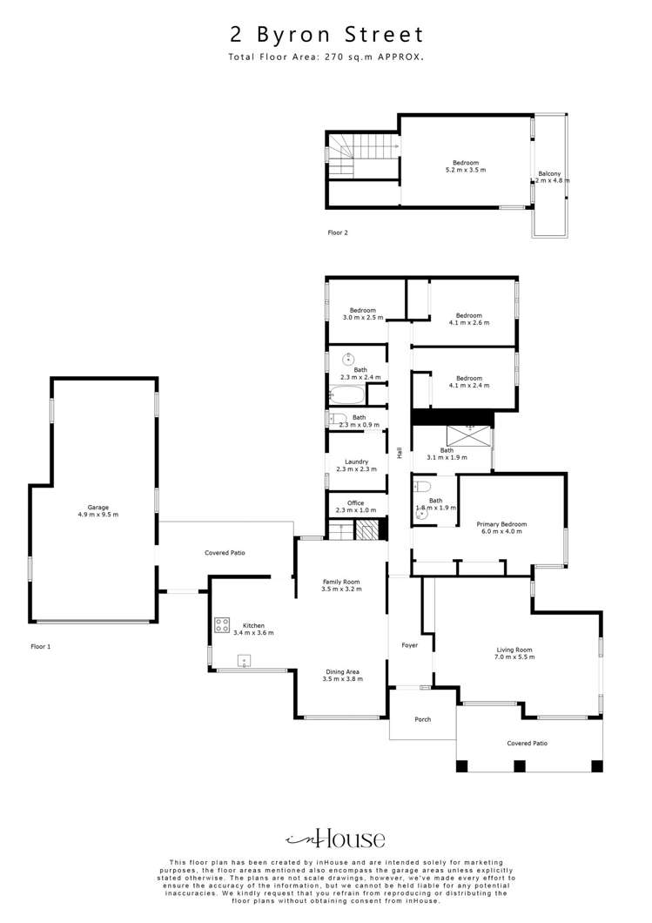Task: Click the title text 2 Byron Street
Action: (x=326, y=35)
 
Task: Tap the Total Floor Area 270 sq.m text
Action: (x=326, y=57)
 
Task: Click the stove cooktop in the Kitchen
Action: (x=222, y=624)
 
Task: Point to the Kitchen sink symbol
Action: (x=245, y=661)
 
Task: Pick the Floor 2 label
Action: (x=337, y=232)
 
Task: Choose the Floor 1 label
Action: (x=41, y=647)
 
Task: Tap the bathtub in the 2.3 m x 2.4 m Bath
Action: (x=347, y=395)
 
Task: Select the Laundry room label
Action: (x=356, y=461)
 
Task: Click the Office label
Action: (x=355, y=503)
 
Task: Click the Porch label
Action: (x=422, y=719)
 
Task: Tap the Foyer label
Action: (x=409, y=645)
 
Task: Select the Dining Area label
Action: (x=343, y=671)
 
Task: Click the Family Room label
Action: (x=341, y=582)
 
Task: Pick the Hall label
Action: (x=400, y=453)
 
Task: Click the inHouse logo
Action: (x=336, y=839)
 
